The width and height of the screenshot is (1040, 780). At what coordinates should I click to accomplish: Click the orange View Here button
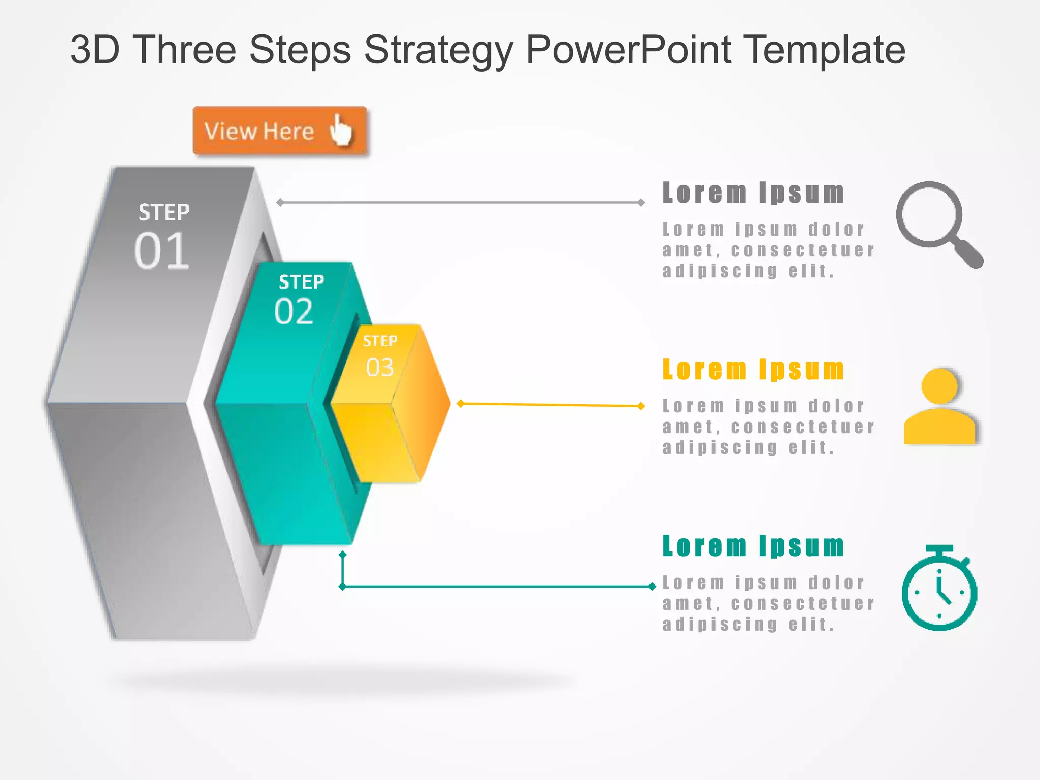[279, 131]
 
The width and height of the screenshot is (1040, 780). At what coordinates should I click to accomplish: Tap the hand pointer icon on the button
[340, 130]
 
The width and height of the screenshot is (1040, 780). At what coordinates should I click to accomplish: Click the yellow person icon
[940, 407]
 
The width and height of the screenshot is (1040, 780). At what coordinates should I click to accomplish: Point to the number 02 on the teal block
[294, 311]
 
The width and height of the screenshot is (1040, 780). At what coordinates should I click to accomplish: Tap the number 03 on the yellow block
[380, 367]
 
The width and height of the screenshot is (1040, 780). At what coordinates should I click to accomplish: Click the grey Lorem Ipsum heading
[753, 193]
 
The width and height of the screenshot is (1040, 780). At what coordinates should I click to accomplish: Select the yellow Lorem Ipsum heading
[753, 369]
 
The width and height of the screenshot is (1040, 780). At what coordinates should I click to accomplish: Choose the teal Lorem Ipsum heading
[753, 546]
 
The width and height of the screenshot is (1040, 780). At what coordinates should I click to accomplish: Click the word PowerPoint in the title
[628, 50]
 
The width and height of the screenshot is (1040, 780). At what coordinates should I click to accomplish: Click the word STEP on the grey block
[164, 212]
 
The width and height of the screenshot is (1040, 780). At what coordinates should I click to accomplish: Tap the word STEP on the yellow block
[380, 341]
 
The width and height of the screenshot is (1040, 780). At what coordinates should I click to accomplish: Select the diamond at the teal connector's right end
[652, 587]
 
